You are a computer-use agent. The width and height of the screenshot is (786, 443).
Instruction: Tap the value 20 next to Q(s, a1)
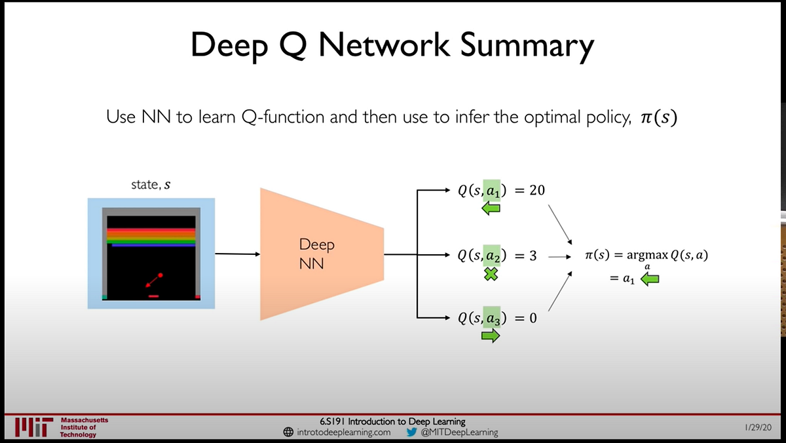pyautogui.click(x=536, y=190)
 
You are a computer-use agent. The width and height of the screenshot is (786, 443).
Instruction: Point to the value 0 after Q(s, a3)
pyautogui.click(x=533, y=319)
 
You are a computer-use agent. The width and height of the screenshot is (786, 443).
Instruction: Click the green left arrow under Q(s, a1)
pyautogui.click(x=490, y=208)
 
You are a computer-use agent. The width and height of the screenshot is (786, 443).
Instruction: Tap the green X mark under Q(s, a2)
pyautogui.click(x=490, y=275)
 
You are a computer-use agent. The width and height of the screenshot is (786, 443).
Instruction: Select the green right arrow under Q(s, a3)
pyautogui.click(x=490, y=336)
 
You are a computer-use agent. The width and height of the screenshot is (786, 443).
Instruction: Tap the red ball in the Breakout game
pyautogui.click(x=160, y=275)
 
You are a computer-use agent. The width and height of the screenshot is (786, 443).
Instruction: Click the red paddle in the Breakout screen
pyautogui.click(x=154, y=296)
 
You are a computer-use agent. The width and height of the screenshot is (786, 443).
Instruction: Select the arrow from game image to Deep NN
pyautogui.click(x=237, y=254)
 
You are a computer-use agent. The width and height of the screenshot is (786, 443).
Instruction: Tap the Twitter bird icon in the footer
pyautogui.click(x=411, y=433)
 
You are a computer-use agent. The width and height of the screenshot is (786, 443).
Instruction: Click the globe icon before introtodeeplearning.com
pyautogui.click(x=288, y=433)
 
